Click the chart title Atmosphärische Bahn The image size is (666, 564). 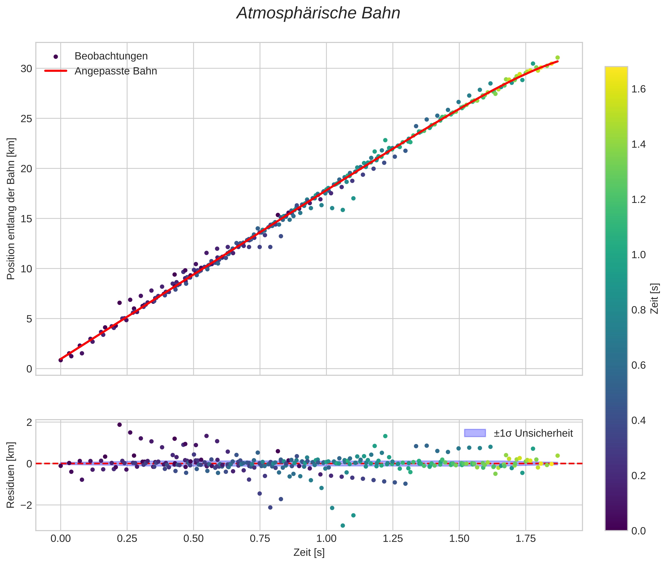point(318,13)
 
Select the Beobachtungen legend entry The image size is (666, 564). point(111,56)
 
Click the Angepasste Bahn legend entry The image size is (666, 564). point(116,71)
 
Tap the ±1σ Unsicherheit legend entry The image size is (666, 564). point(533,433)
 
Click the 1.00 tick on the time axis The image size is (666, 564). point(326,539)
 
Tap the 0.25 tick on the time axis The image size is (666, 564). point(127,539)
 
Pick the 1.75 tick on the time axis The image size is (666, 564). point(526,539)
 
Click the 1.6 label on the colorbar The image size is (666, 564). point(638,89)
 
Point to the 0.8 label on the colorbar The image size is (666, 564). point(638,310)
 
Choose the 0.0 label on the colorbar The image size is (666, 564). point(638,531)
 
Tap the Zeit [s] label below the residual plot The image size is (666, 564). point(309,552)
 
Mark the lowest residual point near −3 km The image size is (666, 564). point(343,526)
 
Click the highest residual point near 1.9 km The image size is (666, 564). point(119,425)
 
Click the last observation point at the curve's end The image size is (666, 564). point(557,58)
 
